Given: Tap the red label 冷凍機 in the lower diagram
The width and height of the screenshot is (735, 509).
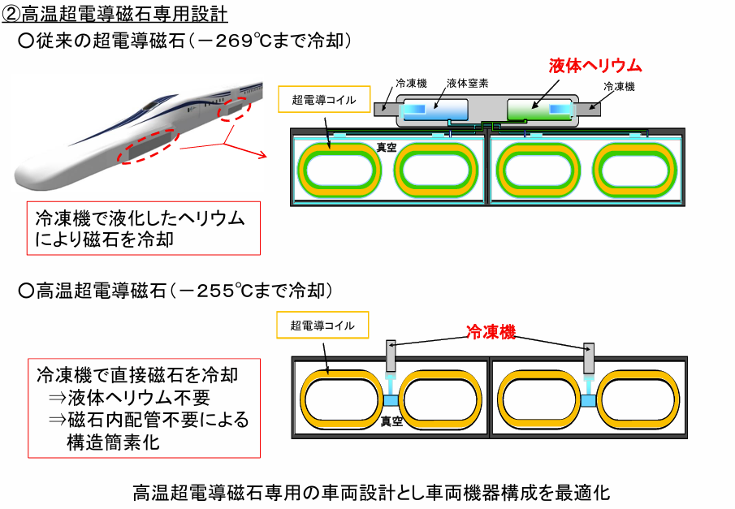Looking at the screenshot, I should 491,332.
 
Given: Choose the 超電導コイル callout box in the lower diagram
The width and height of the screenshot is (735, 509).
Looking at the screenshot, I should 322,326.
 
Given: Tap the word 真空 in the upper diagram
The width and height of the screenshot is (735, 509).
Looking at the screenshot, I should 386,149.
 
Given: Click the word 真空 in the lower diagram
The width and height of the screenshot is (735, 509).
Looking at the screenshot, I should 392,421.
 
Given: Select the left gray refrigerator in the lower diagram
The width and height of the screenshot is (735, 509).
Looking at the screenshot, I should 391,354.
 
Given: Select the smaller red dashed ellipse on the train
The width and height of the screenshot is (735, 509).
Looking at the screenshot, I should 235,107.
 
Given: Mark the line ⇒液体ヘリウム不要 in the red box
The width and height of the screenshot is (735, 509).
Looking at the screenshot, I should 129,398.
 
